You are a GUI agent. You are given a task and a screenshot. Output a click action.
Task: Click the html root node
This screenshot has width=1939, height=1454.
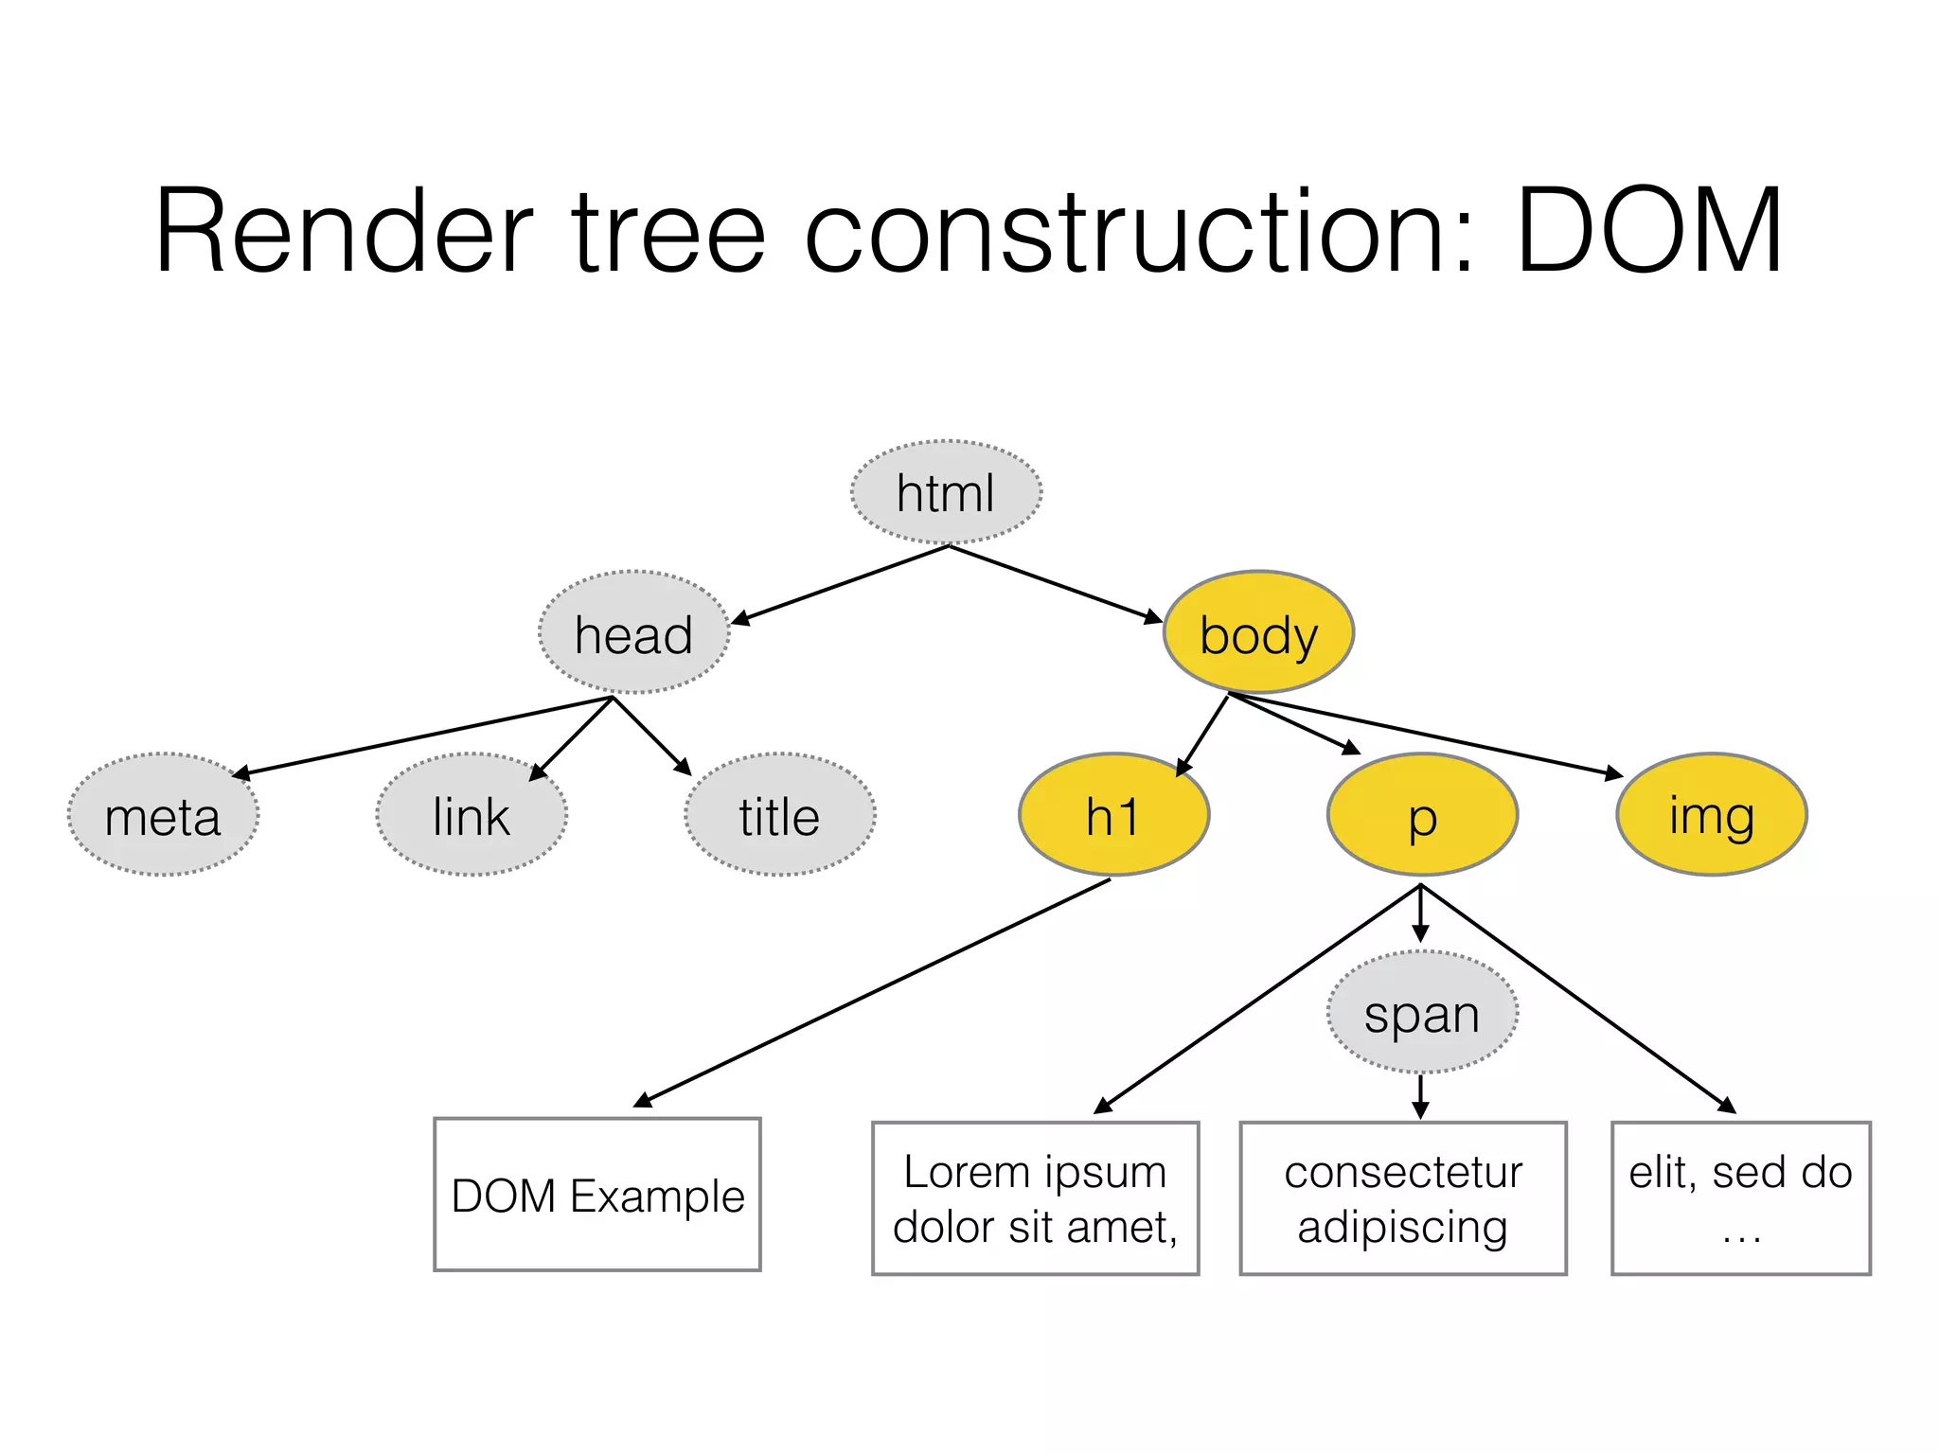pyautogui.click(x=946, y=492)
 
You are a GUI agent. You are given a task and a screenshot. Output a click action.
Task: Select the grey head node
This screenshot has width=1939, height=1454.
pyautogui.click(x=633, y=633)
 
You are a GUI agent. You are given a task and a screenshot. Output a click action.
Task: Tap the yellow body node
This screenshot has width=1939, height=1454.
pyautogui.click(x=1258, y=633)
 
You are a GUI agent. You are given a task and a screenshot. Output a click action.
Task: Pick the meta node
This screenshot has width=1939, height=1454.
pyautogui.click(x=163, y=815)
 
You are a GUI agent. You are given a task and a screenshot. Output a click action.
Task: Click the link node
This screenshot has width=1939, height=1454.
pyautogui.click(x=471, y=815)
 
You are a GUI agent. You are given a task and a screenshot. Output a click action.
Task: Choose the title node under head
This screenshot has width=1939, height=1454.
pyautogui.click(x=779, y=815)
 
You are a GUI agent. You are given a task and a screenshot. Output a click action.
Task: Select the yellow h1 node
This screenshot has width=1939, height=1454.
pyautogui.click(x=1113, y=815)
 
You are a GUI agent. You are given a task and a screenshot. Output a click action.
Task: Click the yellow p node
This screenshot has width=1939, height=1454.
pyautogui.click(x=1422, y=815)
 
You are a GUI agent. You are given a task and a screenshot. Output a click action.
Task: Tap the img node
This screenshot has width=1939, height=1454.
pyautogui.click(x=1712, y=815)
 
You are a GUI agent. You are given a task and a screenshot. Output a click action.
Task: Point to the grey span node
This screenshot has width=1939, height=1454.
pyautogui.click(x=1422, y=1013)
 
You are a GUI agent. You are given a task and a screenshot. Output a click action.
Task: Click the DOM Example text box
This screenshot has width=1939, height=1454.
pyautogui.click(x=597, y=1195)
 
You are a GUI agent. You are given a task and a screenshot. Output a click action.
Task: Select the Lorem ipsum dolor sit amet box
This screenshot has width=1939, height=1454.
pyautogui.click(x=1035, y=1198)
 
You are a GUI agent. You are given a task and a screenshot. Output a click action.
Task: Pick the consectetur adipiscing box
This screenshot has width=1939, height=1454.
pyautogui.click(x=1403, y=1198)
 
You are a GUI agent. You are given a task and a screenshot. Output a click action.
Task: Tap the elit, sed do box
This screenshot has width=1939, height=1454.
pyautogui.click(x=1740, y=1198)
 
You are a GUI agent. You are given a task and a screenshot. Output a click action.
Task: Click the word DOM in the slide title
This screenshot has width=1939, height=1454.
pyautogui.click(x=1649, y=232)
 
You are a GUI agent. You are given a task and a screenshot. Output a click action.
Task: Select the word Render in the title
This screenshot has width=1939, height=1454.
pyautogui.click(x=344, y=232)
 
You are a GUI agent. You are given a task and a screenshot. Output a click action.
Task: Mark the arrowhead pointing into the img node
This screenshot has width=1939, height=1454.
pyautogui.click(x=1614, y=774)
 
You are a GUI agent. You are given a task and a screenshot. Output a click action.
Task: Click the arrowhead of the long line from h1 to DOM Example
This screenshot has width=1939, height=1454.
pyautogui.click(x=643, y=1099)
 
